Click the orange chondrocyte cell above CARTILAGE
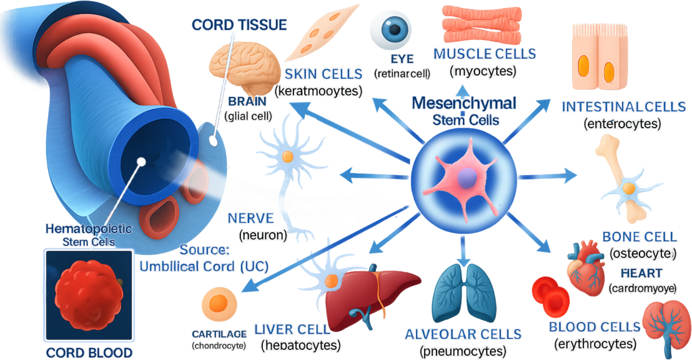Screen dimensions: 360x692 pyautogui.click(x=218, y=304)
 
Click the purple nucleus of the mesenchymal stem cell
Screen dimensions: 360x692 pyautogui.click(x=465, y=179)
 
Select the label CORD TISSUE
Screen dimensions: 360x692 pyautogui.click(x=239, y=25)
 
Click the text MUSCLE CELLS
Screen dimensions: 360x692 pyautogui.click(x=485, y=54)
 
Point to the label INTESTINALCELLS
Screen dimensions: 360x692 pyautogui.click(x=623, y=107)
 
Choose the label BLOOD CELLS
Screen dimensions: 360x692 pyautogui.click(x=594, y=327)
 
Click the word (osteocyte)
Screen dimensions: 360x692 pyautogui.click(x=643, y=253)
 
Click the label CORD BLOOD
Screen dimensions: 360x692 pyautogui.click(x=89, y=352)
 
